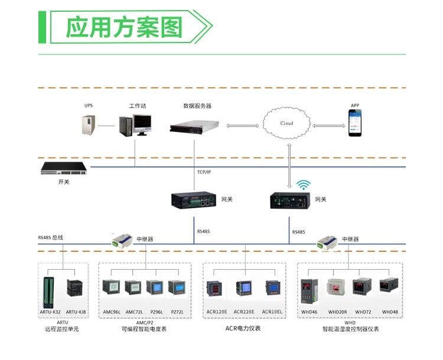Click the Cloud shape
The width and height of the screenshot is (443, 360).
click(286, 123)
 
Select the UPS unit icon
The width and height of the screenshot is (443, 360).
click(89, 124)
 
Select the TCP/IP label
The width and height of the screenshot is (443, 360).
click(204, 172)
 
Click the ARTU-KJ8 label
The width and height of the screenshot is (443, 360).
click(76, 312)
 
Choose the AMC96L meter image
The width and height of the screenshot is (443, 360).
click(112, 289)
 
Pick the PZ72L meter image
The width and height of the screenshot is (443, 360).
click(177, 288)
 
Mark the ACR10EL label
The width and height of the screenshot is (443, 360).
click(272, 312)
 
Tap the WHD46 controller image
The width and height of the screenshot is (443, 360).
click(310, 288)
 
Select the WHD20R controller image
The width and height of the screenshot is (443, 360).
click(337, 287)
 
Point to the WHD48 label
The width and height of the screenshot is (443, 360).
click(390, 312)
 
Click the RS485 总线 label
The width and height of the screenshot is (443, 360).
click(51, 237)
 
